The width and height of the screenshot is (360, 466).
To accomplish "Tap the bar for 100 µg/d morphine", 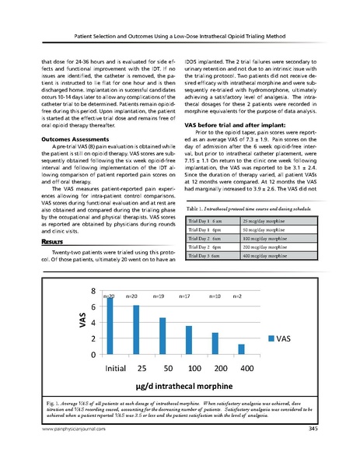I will pos(189,340).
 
